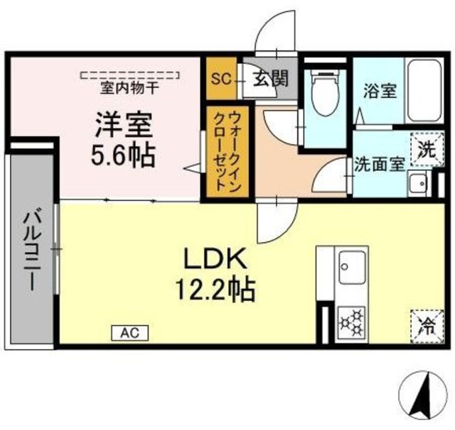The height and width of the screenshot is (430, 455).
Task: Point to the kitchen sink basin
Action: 352,268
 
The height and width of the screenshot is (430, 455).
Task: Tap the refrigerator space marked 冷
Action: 428,326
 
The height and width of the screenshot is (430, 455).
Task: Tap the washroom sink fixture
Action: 416,183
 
